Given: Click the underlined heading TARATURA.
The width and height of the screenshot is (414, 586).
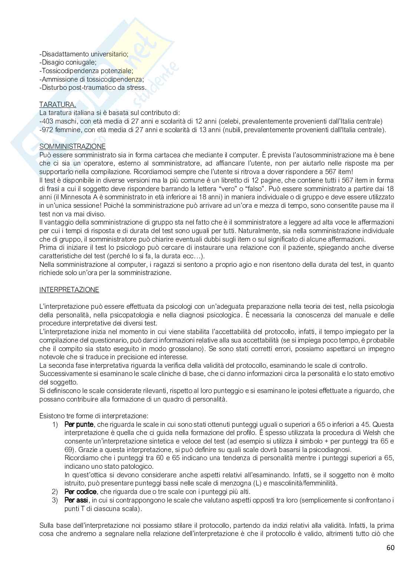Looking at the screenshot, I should click(57, 105).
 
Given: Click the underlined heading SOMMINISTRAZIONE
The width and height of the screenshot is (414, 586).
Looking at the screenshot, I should click(72, 147).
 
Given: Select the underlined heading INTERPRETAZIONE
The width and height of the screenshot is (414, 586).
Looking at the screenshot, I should click(69, 290).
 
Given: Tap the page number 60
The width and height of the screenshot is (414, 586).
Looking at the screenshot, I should click(390, 548).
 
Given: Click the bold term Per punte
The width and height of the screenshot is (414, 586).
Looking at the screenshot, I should click(79, 424).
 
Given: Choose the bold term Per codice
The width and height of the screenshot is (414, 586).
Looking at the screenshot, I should click(80, 492).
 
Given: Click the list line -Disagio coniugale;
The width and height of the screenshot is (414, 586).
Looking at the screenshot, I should click(68, 62).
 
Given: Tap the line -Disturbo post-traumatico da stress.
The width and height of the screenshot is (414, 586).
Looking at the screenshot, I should click(93, 88).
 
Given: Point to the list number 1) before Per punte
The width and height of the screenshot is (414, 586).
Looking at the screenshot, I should click(55, 424).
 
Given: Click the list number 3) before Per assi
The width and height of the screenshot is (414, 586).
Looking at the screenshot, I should click(55, 500).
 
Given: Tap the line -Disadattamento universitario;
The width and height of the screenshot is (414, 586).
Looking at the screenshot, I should click(83, 54).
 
